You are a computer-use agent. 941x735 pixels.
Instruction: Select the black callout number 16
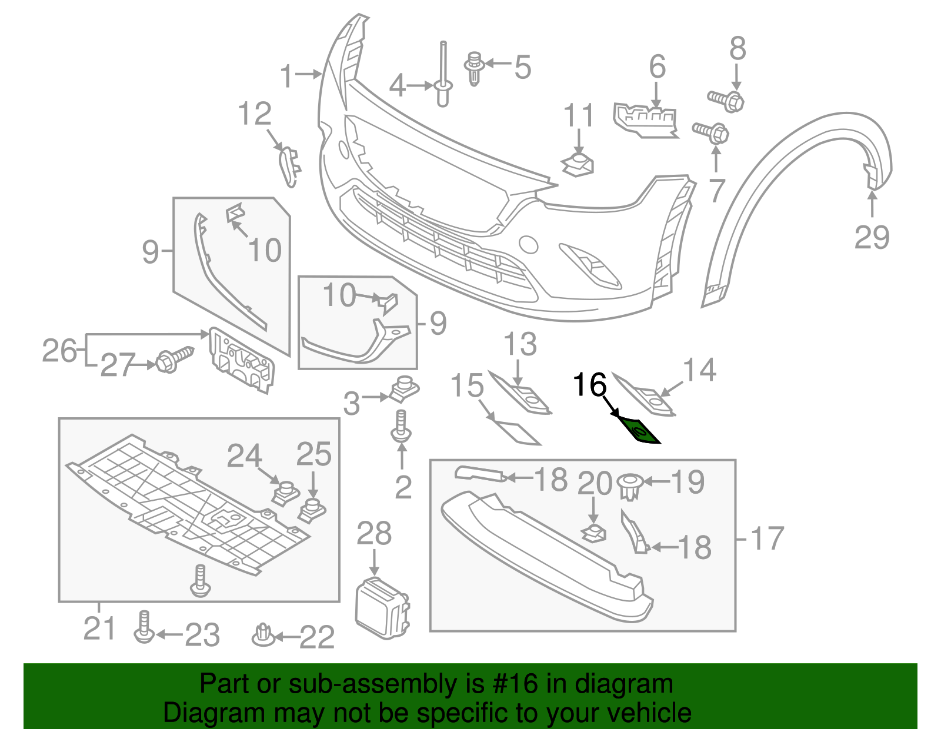coord(589,385)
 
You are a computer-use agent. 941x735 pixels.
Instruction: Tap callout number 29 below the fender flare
coord(872,237)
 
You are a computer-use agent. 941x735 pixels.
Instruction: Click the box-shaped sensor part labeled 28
coord(381,608)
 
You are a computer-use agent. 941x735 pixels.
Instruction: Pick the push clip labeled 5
coord(474,68)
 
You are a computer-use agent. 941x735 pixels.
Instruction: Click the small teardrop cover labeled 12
coord(289,167)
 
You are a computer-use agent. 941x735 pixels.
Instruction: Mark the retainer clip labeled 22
coord(262,635)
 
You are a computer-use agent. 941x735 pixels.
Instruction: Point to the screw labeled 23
coord(144,627)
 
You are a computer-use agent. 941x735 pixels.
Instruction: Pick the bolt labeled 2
coord(401,427)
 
